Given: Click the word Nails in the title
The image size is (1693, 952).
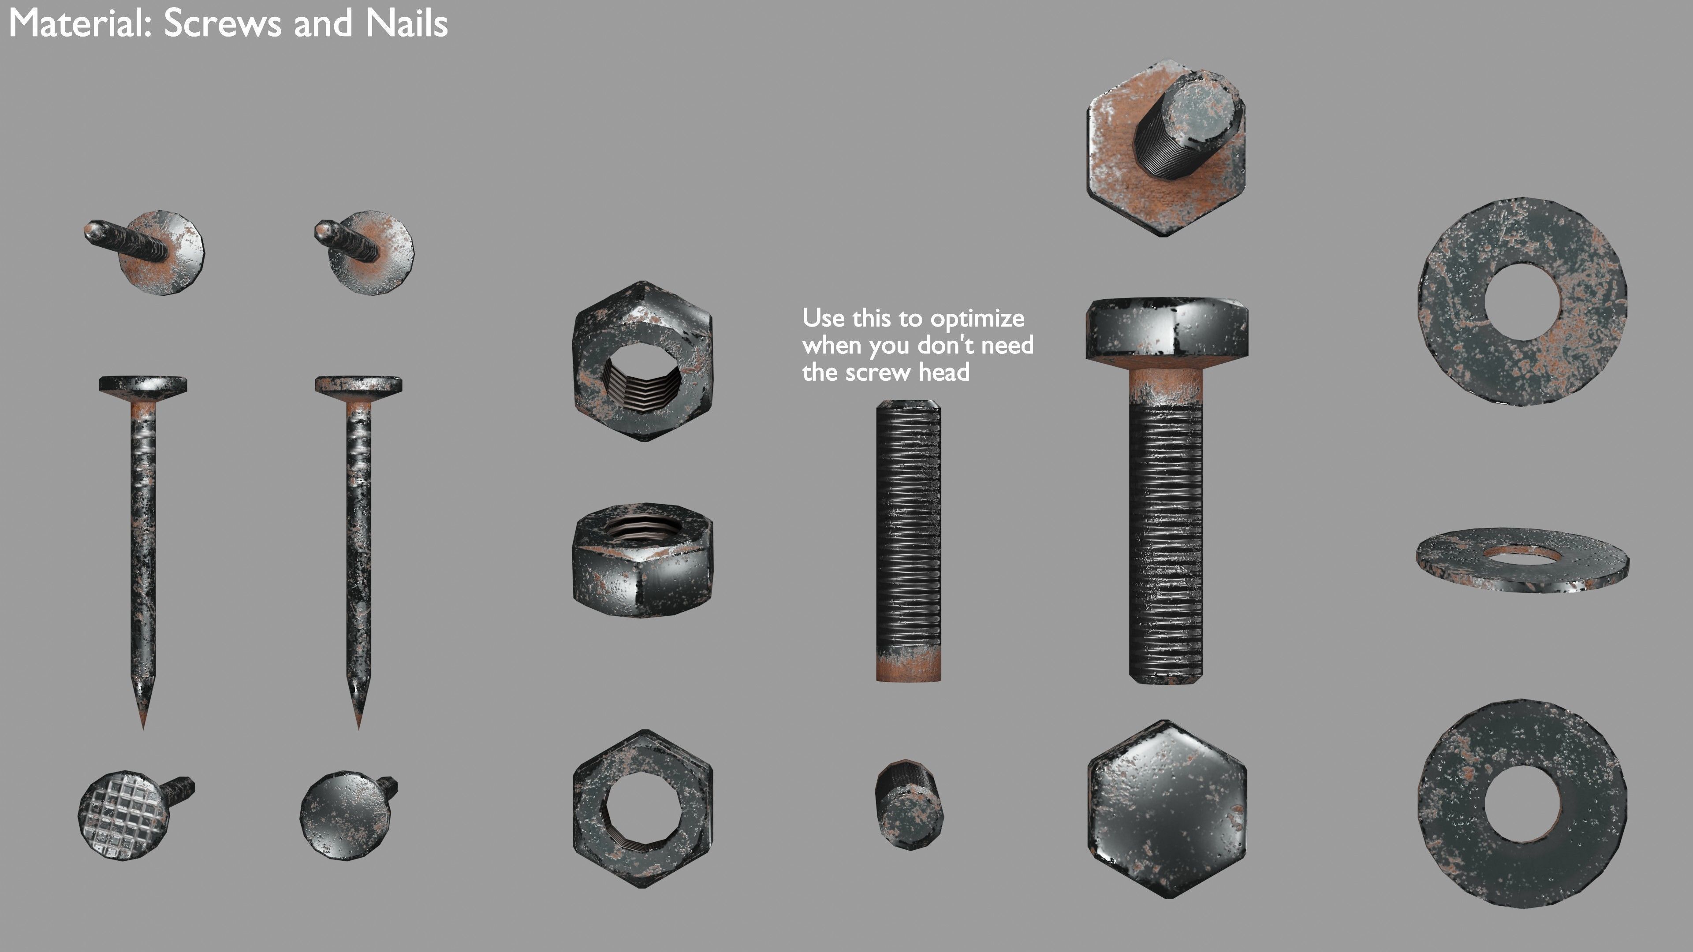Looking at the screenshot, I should click(406, 24).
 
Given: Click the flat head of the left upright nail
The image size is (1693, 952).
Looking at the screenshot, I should click(142, 384).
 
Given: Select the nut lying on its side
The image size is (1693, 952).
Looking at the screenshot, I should click(642, 561).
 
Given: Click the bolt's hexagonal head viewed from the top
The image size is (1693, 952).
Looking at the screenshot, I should click(1167, 808).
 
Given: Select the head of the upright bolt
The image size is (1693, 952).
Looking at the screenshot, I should click(1167, 328).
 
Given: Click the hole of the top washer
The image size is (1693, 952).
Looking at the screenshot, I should click(1522, 302).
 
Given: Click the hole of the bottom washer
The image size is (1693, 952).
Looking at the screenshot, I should click(1522, 804).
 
